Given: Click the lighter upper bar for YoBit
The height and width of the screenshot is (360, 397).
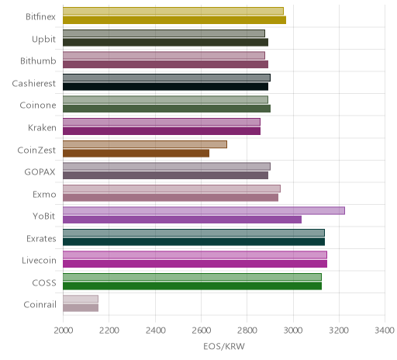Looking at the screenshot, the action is click(204, 210).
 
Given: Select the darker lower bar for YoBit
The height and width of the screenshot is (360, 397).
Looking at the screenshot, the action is click(182, 220).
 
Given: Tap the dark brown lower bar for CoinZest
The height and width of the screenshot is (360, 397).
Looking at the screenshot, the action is click(136, 153).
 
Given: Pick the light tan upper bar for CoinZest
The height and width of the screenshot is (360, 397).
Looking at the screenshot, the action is click(145, 144).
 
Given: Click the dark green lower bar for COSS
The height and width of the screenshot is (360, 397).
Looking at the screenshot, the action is click(192, 286).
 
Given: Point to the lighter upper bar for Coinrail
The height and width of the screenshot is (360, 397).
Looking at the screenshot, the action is click(81, 299).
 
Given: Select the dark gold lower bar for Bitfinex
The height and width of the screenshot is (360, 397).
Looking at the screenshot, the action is click(174, 20).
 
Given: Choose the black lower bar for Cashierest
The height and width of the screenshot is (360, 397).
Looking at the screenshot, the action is click(165, 86).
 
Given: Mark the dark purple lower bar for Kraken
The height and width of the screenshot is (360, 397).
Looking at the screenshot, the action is click(161, 131).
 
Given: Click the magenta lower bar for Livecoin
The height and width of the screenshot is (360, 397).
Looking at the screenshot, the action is click(195, 264).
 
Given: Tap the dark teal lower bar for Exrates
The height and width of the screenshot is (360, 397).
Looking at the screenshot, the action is click(194, 242).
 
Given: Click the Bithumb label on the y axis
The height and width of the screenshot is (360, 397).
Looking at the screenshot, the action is click(38, 61).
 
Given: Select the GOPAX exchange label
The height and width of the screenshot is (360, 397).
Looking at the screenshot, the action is click(40, 172).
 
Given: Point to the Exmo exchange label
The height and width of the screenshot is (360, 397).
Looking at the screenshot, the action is click(44, 194).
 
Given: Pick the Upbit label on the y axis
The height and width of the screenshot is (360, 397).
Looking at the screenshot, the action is click(43, 40).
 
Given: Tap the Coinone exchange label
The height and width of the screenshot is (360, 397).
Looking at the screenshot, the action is click(38, 106).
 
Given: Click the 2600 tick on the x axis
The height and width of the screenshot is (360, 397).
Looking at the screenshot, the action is click(202, 331).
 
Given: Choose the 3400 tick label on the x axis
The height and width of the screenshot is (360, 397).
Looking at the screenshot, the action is click(385, 331).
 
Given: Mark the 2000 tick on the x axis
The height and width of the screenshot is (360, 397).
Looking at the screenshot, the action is click(64, 331).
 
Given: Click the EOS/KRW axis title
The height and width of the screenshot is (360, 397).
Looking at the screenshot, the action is click(224, 346).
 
